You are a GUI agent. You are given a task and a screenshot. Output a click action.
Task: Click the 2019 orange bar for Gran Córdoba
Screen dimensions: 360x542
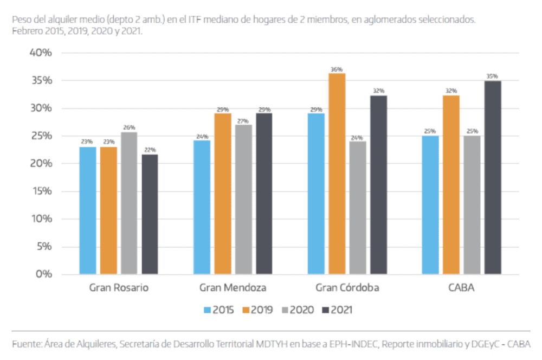click(x=337, y=173)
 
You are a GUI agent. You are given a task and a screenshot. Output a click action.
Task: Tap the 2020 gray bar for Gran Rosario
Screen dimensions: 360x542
click(x=129, y=203)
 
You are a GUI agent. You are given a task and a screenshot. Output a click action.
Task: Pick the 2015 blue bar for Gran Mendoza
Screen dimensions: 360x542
click(x=202, y=207)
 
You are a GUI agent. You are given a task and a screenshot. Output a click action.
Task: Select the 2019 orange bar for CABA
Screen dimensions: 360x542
click(x=451, y=184)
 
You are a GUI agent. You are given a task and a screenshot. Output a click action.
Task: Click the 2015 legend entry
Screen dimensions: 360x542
click(x=219, y=310)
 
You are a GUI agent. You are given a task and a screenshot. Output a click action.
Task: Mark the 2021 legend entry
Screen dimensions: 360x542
click(x=337, y=310)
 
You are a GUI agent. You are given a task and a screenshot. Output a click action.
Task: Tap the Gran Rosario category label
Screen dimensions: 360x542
click(x=119, y=288)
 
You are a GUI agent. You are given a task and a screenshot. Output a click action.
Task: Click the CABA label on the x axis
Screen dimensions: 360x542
click(x=461, y=288)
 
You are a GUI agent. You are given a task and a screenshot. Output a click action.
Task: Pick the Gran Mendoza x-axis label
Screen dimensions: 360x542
click(x=233, y=288)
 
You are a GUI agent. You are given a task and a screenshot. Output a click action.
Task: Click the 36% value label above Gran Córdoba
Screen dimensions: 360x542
click(x=337, y=69)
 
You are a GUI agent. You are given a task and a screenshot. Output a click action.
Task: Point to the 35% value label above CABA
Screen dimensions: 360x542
click(x=492, y=76)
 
